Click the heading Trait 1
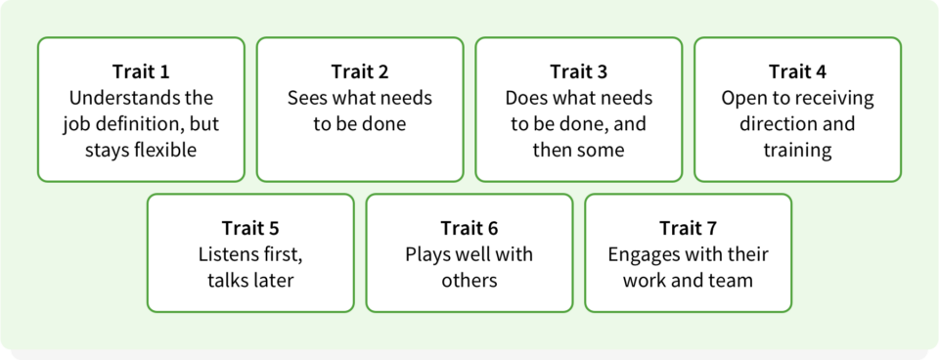[x=141, y=71]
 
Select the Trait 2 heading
[x=360, y=71]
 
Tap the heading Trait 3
[x=578, y=71]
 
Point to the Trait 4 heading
[x=798, y=71]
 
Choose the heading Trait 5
[x=250, y=228]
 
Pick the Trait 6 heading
[x=469, y=228]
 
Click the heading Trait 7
[x=688, y=228]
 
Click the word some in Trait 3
[x=603, y=150]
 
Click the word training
[x=798, y=151]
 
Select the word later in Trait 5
[x=274, y=280]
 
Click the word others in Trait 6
[x=469, y=280]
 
